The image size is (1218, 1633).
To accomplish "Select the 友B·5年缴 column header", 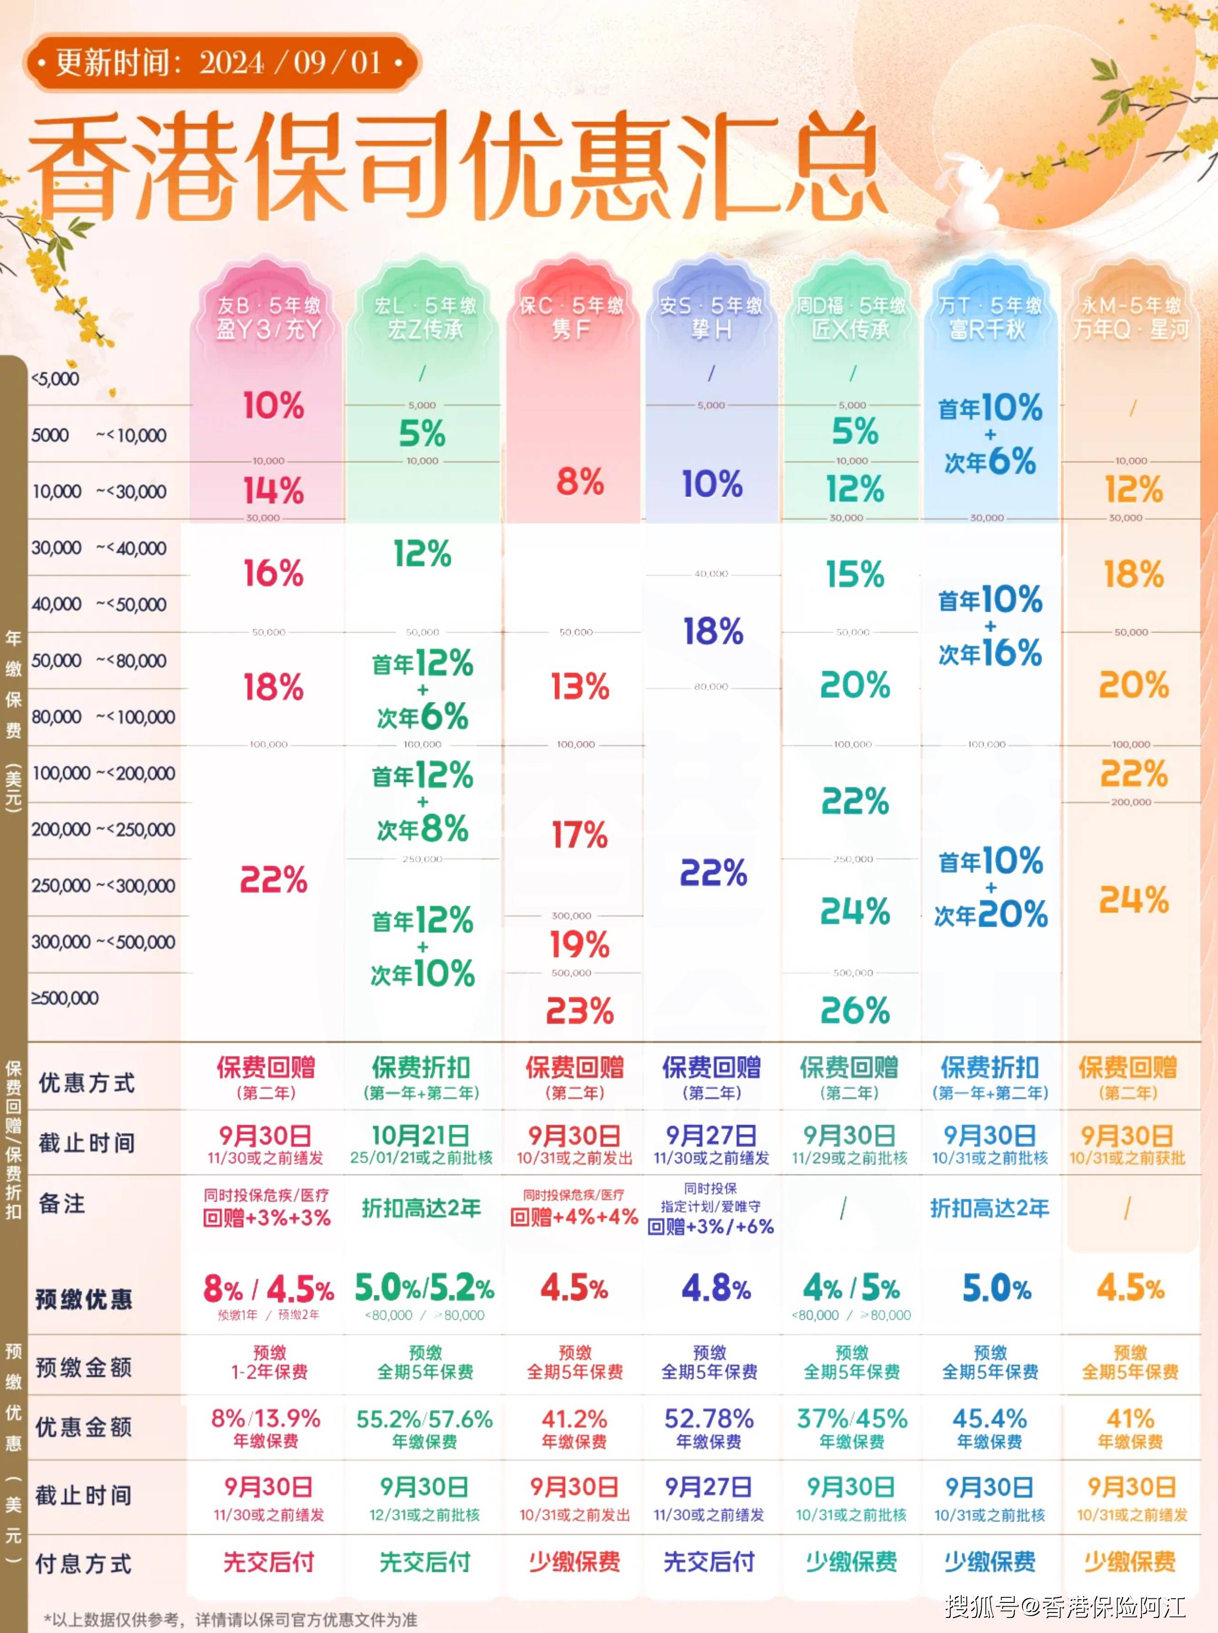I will pyautogui.click(x=268, y=317).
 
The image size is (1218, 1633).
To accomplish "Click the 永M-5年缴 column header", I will pyautogui.click(x=1130, y=317).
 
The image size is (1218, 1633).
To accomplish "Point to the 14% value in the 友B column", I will pyautogui.click(x=273, y=490).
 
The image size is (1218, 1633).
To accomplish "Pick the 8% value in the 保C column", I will pyautogui.click(x=579, y=483).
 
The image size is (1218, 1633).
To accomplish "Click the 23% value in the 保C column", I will pyautogui.click(x=579, y=1011).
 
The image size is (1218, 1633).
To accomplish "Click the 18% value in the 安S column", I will pyautogui.click(x=712, y=632).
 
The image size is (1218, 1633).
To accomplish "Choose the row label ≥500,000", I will pyautogui.click(x=65, y=998).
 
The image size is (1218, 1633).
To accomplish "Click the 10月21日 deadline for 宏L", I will pyautogui.click(x=420, y=1136).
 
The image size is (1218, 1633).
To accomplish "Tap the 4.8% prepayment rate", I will pyautogui.click(x=715, y=1289).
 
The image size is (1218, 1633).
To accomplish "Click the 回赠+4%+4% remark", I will pyautogui.click(x=574, y=1217).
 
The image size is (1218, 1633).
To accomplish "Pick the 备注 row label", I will pyautogui.click(x=62, y=1204).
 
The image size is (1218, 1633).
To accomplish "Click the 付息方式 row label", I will pyautogui.click(x=83, y=1563).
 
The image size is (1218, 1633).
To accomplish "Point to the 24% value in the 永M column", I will pyautogui.click(x=1133, y=900).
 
